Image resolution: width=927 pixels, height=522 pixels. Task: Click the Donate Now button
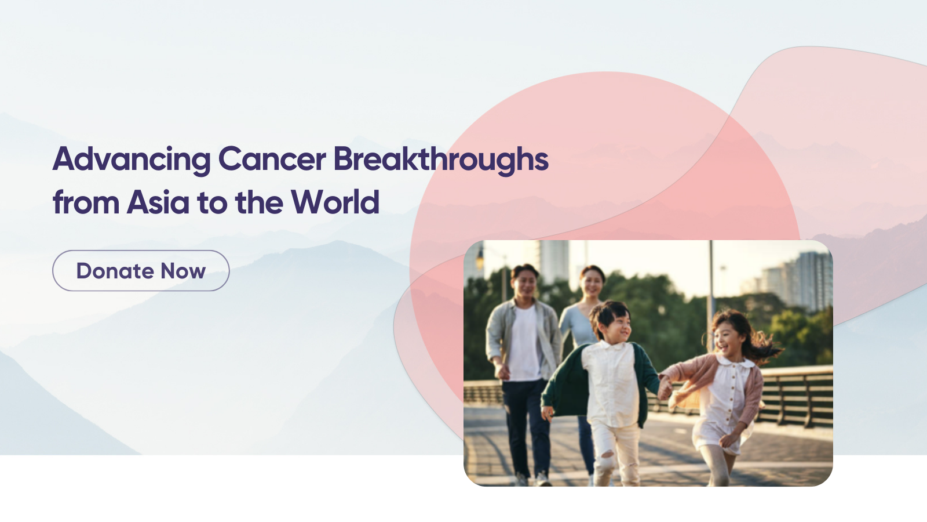pyautogui.click(x=141, y=270)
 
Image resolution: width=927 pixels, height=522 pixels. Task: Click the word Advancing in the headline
pyautogui.click(x=132, y=159)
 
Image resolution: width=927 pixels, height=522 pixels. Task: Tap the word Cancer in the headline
pyautogui.click(x=272, y=159)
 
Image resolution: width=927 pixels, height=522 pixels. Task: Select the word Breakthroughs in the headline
pyautogui.click(x=441, y=159)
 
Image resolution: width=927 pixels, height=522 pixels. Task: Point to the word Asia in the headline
pyautogui.click(x=158, y=202)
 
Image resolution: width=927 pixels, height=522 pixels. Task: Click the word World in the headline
pyautogui.click(x=335, y=202)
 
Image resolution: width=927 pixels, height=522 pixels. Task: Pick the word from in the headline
pyautogui.click(x=86, y=202)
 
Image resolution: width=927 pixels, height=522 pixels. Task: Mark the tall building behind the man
pyautogui.click(x=554, y=261)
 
